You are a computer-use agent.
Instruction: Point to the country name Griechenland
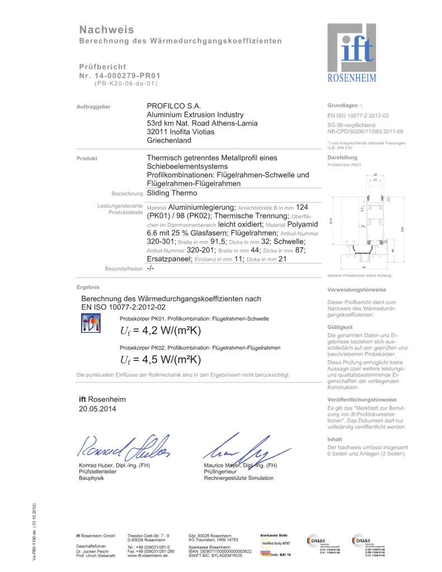click(169, 140)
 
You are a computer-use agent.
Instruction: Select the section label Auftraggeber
click(93, 106)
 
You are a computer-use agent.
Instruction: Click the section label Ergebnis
click(88, 287)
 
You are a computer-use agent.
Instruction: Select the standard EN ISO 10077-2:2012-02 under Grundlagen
click(358, 115)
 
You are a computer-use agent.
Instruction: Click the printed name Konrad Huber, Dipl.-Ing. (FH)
click(114, 465)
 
